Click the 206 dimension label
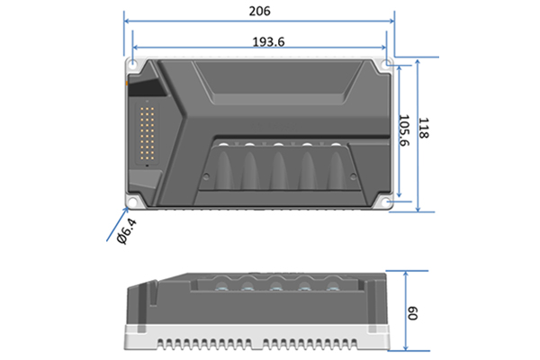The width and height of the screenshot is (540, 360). (260, 11)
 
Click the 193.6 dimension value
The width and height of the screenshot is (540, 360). (268, 41)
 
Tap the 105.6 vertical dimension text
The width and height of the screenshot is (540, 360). (404, 130)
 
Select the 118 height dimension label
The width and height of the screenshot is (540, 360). (424, 128)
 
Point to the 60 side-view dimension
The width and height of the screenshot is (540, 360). (412, 313)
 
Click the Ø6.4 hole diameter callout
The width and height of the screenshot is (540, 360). (126, 231)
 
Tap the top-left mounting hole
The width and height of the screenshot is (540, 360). (132, 64)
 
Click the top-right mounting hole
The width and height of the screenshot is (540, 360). (388, 63)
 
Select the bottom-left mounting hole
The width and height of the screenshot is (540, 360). (132, 202)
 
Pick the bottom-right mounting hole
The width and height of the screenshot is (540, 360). (388, 202)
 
